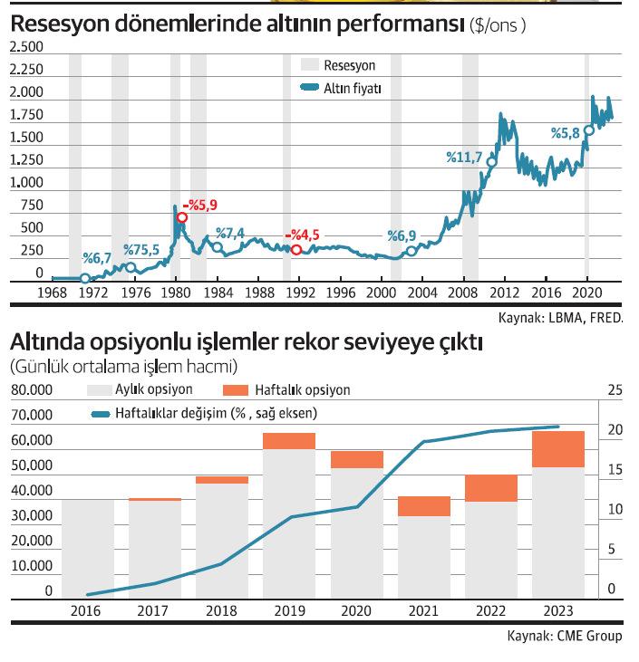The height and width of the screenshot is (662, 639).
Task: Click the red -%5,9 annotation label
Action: (x=200, y=206)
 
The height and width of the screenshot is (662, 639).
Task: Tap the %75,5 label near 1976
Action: (x=140, y=250)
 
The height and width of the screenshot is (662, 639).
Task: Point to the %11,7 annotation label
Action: (x=464, y=157)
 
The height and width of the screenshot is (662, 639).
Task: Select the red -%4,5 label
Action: (x=302, y=235)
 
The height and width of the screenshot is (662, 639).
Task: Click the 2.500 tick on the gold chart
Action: (x=26, y=46)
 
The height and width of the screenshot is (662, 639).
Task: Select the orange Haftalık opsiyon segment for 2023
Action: (x=558, y=449)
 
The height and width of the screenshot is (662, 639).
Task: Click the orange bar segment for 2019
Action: (x=289, y=441)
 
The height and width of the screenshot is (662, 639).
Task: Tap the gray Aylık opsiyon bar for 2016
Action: (x=88, y=548)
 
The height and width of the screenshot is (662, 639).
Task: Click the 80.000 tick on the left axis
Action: (x=32, y=390)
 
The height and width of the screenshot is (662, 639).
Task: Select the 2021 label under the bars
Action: (x=422, y=611)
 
